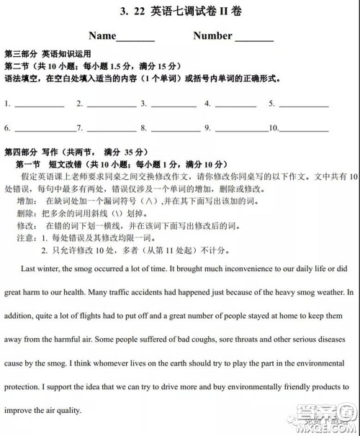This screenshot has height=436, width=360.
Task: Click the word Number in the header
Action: pos(212,36)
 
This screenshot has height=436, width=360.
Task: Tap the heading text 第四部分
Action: pos(21,153)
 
